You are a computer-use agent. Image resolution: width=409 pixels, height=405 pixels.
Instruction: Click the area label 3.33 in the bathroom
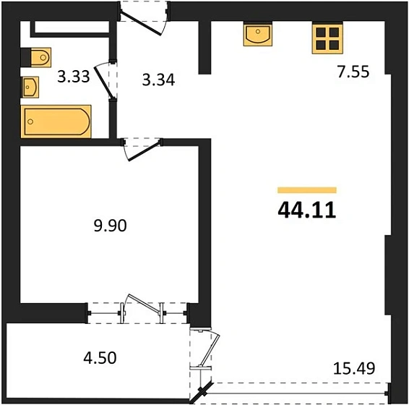pyautogui.click(x=74, y=77)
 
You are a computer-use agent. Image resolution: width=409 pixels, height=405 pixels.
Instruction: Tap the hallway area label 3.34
pyautogui.click(x=158, y=80)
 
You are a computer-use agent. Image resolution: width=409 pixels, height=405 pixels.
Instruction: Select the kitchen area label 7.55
pyautogui.click(x=353, y=72)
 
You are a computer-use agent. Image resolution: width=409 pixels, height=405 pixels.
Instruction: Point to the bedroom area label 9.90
pyautogui.click(x=111, y=226)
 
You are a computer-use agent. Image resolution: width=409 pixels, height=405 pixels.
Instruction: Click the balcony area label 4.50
pyautogui.click(x=100, y=358)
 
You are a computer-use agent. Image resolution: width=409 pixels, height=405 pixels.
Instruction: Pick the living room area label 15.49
pyautogui.click(x=354, y=368)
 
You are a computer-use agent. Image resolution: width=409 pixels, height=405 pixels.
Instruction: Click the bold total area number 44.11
pyautogui.click(x=307, y=210)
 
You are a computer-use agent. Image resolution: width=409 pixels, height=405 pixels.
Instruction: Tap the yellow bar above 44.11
pyautogui.click(x=307, y=190)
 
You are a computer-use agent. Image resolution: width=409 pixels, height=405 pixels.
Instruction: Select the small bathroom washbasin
pyautogui.click(x=30, y=88)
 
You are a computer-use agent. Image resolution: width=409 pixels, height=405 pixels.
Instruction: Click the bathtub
pyautogui.click(x=56, y=121)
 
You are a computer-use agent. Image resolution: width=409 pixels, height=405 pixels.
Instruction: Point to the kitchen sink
pyautogui.click(x=258, y=35)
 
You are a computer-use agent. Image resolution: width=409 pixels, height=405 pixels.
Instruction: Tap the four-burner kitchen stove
pyautogui.click(x=327, y=39)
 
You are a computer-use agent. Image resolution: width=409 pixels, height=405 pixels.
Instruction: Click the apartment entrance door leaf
pyautogui.click(x=141, y=24)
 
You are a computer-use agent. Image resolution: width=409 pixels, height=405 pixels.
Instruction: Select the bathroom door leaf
pyautogui.click(x=103, y=82)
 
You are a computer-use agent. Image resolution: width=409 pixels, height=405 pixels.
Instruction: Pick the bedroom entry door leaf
pyautogui.click(x=145, y=151)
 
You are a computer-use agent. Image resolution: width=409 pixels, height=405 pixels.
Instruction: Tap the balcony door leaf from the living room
pyautogui.click(x=210, y=349)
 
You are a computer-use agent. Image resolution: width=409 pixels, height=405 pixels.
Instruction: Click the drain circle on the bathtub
pyautogui.click(x=30, y=121)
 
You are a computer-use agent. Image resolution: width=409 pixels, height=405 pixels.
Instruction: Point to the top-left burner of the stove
pyautogui.click(x=321, y=33)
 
